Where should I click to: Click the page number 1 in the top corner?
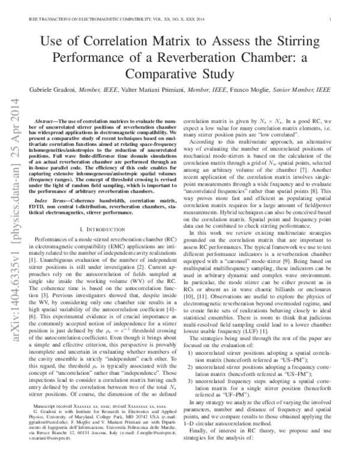[331, 20]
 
